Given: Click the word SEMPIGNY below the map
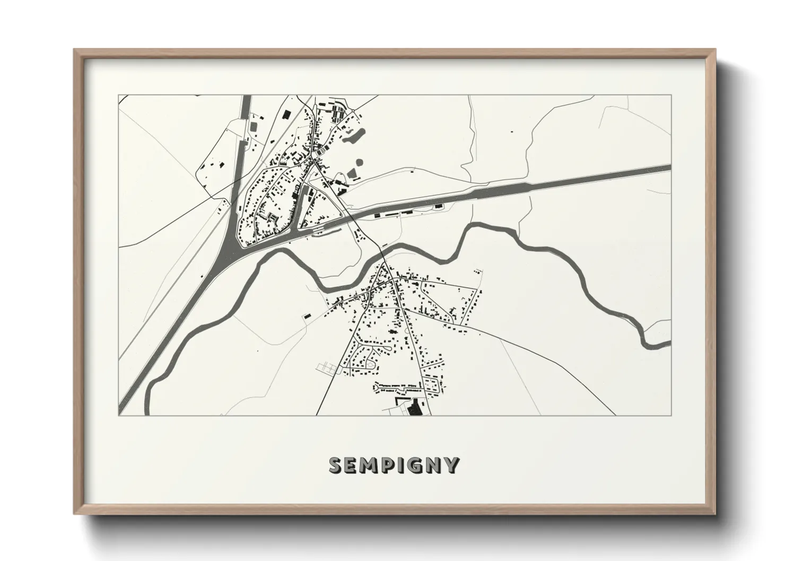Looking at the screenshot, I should (394, 465).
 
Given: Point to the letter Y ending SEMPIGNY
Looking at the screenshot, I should (451, 465).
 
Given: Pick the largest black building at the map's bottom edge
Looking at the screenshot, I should (414, 408).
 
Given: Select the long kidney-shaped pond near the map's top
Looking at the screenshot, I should (353, 137).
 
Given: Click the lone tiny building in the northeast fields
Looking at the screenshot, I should (512, 130).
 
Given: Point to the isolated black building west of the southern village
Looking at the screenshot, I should (306, 316).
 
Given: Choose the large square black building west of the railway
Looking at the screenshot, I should (287, 114).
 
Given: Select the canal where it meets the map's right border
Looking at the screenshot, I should (669, 168).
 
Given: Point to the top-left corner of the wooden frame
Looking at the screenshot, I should (75, 50).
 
